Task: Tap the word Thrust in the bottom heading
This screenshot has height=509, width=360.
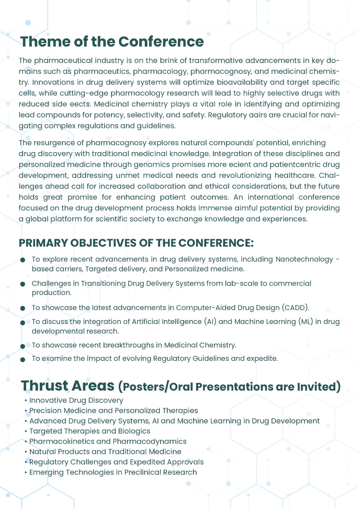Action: point(45,386)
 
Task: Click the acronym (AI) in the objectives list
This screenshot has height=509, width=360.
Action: point(210,322)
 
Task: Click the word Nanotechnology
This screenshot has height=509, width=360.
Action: point(304,259)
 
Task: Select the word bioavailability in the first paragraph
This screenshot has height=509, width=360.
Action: point(242,82)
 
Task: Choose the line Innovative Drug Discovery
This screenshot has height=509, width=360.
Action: point(76,401)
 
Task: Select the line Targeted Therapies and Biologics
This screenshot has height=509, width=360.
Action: point(89,431)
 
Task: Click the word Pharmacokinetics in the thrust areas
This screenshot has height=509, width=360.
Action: point(61,442)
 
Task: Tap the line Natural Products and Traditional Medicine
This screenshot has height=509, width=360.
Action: point(105,452)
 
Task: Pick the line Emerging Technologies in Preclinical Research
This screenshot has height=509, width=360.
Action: point(113,472)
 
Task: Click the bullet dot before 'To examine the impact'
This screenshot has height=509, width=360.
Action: point(23,359)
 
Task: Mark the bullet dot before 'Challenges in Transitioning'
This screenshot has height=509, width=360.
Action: point(23,284)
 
